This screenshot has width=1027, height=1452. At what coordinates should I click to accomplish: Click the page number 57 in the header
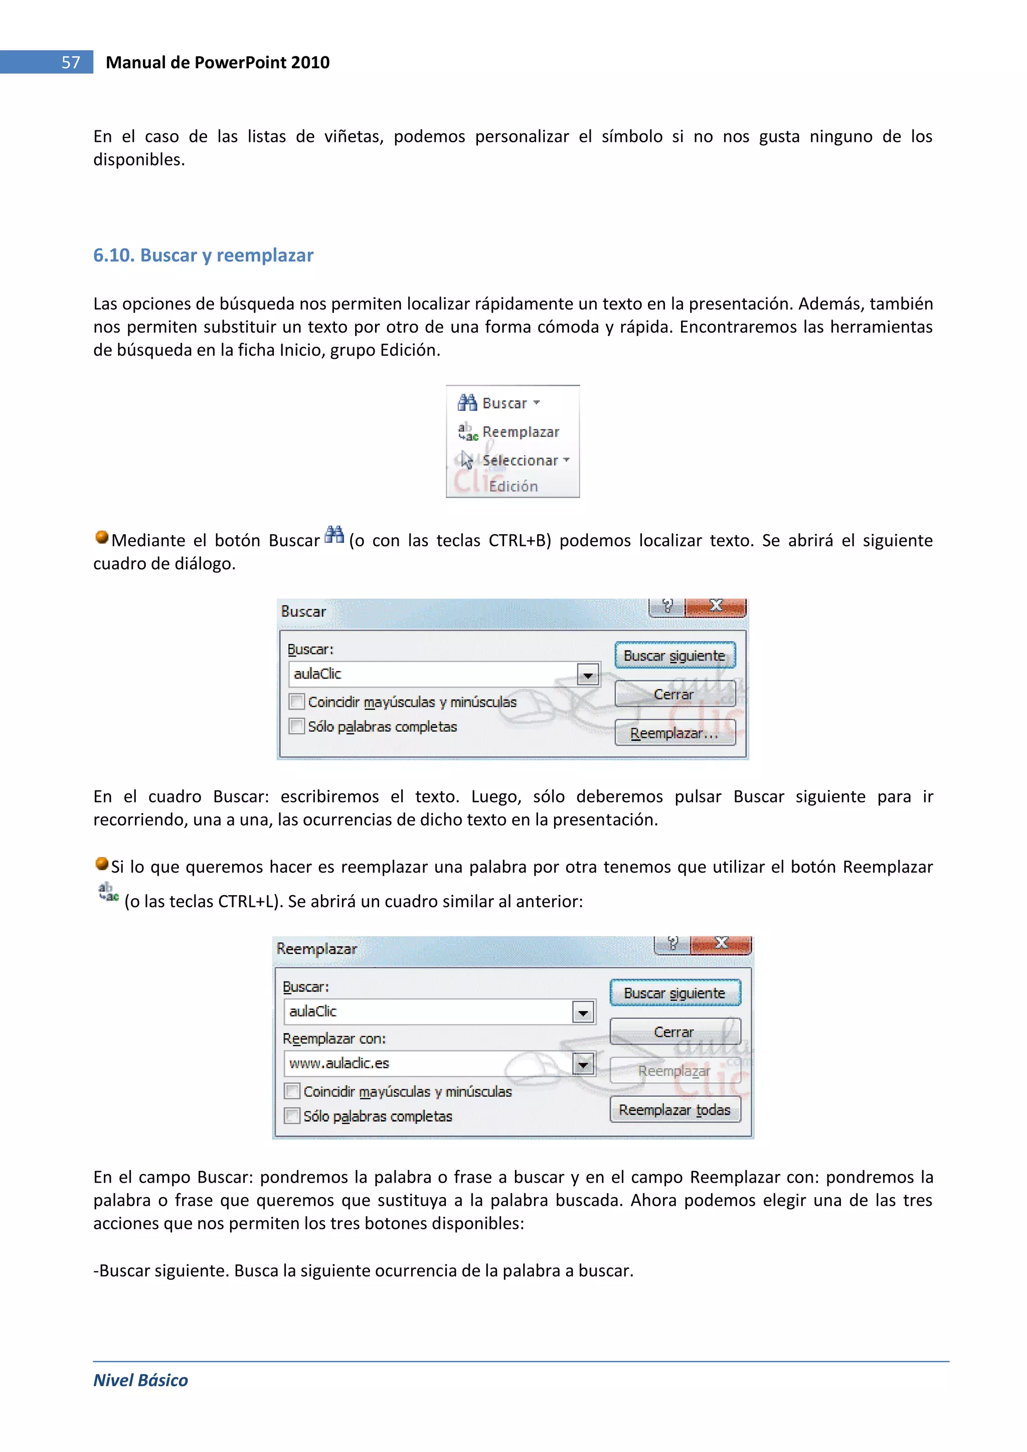coord(71,62)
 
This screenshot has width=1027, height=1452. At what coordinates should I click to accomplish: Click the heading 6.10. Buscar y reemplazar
coord(203,255)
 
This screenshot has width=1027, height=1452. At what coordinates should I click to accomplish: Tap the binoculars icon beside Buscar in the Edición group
coord(467,402)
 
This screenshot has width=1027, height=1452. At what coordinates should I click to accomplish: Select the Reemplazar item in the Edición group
coord(520,432)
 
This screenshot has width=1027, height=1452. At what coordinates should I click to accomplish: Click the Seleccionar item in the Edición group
coord(520,460)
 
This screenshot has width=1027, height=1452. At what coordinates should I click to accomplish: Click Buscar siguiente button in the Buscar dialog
coord(674,656)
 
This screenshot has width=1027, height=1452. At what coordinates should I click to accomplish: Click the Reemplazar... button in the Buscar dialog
coord(674,733)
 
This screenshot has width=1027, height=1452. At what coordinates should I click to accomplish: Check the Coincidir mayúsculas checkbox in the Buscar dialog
coord(296,701)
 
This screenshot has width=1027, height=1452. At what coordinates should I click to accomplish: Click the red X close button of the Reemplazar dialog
coord(721,943)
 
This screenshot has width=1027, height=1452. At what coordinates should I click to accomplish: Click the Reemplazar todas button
coord(674,1110)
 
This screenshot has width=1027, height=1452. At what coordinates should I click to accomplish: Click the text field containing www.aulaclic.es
coord(427,1064)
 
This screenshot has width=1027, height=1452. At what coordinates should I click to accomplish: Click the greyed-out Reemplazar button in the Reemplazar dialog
coord(674,1071)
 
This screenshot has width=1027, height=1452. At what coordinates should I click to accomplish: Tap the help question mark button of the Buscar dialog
coord(666,606)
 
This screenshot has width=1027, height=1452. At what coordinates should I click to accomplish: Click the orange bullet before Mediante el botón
coord(102,538)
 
